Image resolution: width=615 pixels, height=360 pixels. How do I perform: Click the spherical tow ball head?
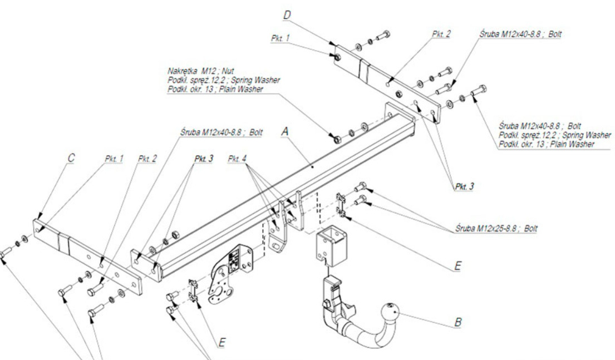(x=391, y=315)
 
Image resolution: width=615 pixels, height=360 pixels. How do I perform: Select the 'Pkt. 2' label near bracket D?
(x=440, y=34)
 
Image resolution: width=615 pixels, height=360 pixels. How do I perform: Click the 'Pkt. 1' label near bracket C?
(x=114, y=158)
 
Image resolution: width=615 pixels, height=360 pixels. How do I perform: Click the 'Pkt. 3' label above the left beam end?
(x=203, y=158)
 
